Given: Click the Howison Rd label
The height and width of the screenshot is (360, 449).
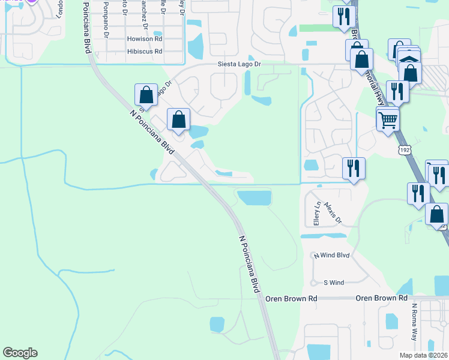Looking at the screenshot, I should [145, 38].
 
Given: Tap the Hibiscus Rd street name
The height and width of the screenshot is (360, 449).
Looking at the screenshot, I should [145, 52].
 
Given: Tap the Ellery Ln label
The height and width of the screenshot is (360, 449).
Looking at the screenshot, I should [317, 212].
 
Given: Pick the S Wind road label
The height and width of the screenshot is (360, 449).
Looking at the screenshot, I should [334, 283].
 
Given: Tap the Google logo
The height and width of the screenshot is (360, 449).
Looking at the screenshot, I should [20, 353].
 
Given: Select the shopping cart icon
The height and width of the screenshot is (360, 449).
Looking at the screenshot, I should [388, 120].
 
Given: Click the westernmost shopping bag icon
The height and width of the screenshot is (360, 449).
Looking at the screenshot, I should [146, 95].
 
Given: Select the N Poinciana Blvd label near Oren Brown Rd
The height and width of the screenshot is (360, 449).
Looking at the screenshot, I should [249, 264].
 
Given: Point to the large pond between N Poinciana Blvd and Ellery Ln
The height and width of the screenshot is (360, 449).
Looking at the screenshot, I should [255, 197].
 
